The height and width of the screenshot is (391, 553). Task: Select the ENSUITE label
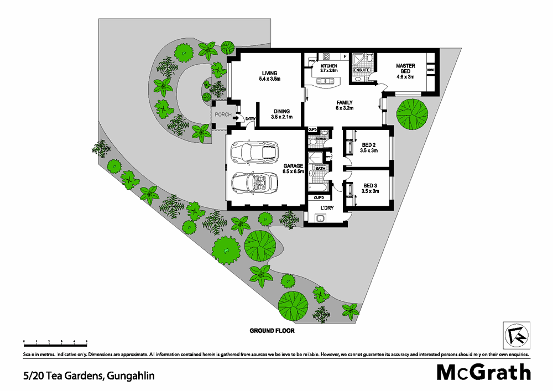pos(361,71)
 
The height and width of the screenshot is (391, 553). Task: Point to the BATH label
pos(320,168)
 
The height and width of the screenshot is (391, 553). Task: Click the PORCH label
pos(223,115)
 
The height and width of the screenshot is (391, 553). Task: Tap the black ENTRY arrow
pos(236,118)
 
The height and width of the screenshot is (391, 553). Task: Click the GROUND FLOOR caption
pos(272,331)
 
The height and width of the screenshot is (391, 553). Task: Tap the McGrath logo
pos(484,372)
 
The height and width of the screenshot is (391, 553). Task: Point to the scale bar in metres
pos(55,342)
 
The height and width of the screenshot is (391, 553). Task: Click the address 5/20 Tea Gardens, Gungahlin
pos(89,376)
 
